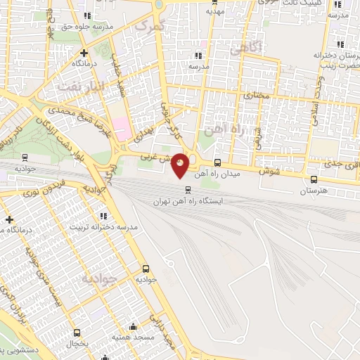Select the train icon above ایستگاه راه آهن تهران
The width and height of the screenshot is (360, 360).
(188, 190)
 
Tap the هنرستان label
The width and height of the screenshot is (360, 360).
(314, 191)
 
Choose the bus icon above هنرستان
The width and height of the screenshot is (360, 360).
(314, 179)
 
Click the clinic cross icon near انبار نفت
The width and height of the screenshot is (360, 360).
(84, 52)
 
